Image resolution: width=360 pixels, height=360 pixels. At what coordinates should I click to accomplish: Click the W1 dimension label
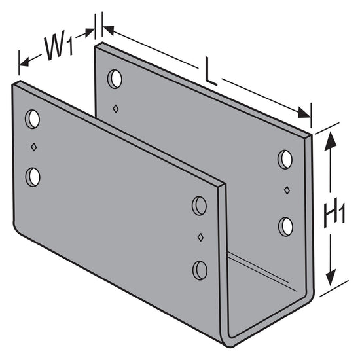tap(58, 48)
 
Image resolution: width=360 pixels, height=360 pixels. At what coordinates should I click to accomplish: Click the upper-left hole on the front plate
tap(32, 119)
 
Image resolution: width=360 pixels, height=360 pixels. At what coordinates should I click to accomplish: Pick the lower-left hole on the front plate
tap(33, 176)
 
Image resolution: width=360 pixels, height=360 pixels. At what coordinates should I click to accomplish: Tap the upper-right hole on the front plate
tap(199, 206)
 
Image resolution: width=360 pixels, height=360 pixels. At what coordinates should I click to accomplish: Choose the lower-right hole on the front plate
tap(200, 269)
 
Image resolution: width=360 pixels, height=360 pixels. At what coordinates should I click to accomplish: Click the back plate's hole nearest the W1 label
tap(115, 79)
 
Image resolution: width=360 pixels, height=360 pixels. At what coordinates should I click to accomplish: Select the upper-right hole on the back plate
tap(285, 159)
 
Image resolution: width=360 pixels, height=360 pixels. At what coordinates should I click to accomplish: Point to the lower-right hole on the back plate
tap(285, 226)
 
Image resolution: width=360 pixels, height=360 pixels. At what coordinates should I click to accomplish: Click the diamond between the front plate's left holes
tap(34, 147)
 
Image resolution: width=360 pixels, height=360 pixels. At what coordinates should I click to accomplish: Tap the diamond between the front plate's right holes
tap(201, 237)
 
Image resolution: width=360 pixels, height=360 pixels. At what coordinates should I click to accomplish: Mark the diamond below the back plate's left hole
tap(116, 108)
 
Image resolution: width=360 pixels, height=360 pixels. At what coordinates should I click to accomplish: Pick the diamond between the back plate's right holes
tap(286, 190)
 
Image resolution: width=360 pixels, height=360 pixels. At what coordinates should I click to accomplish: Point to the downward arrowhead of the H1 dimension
tap(331, 274)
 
